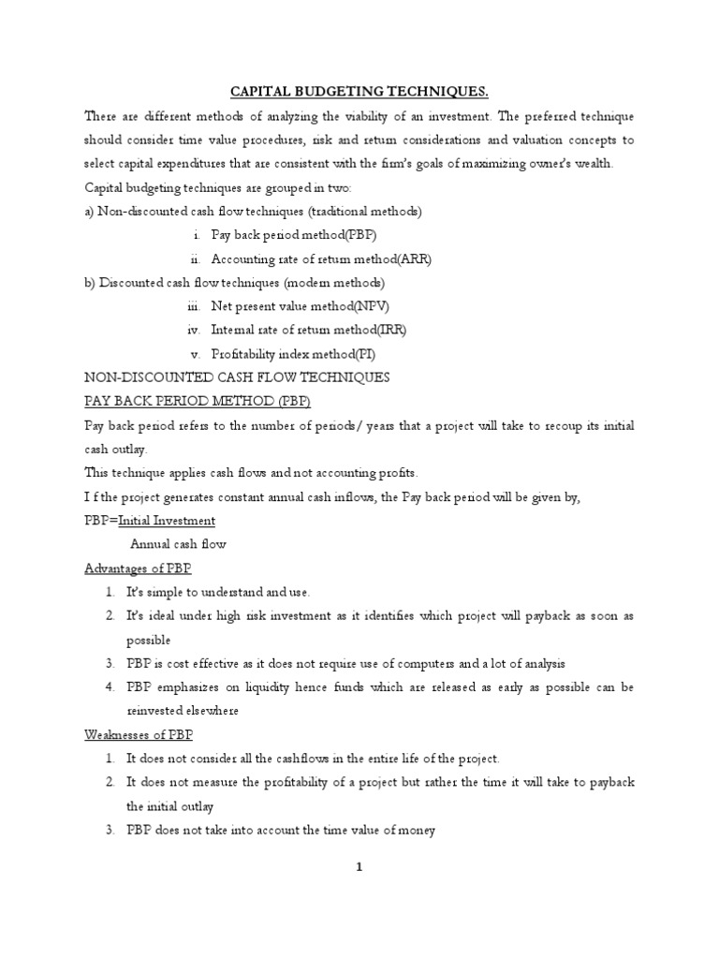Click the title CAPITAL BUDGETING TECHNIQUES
tap(359, 91)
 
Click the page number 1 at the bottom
tap(358, 867)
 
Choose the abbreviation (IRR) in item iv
tap(389, 330)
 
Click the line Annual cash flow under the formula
tap(178, 544)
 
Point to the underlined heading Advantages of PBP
tap(137, 568)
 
